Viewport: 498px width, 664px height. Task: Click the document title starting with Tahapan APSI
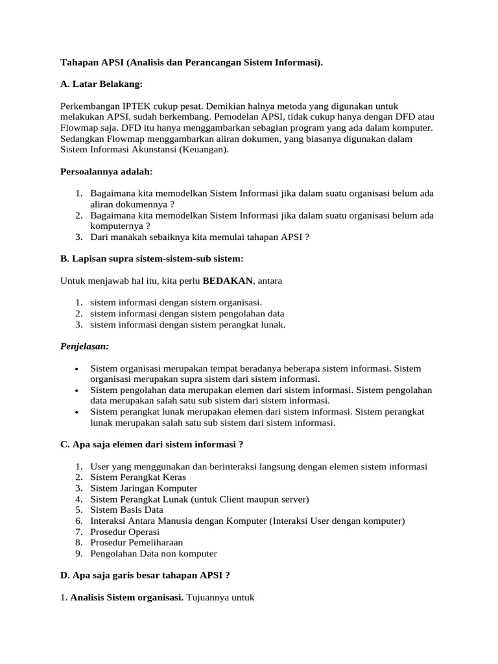pyautogui.click(x=191, y=62)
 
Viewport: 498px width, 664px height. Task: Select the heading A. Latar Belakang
pyautogui.click(x=101, y=84)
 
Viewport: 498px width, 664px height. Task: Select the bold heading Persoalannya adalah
pyautogui.click(x=106, y=172)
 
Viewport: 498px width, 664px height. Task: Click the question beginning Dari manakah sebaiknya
pyautogui.click(x=200, y=237)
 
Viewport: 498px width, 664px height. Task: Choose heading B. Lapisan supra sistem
pyautogui.click(x=152, y=259)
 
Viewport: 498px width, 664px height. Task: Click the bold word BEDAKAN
pyautogui.click(x=228, y=281)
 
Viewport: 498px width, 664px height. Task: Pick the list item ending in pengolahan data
pyautogui.click(x=187, y=314)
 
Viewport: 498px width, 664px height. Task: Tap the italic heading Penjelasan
pyautogui.click(x=85, y=346)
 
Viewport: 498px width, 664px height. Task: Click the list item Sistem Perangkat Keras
pyautogui.click(x=138, y=477)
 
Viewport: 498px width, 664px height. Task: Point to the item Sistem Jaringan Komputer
pyautogui.click(x=143, y=488)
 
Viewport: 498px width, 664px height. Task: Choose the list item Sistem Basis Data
pyautogui.click(x=126, y=510)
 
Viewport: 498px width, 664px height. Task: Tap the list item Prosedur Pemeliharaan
pyautogui.click(x=136, y=543)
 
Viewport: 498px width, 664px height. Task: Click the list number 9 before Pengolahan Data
pyautogui.click(x=78, y=554)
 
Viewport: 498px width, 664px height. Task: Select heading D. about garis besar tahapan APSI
pyautogui.click(x=145, y=575)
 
